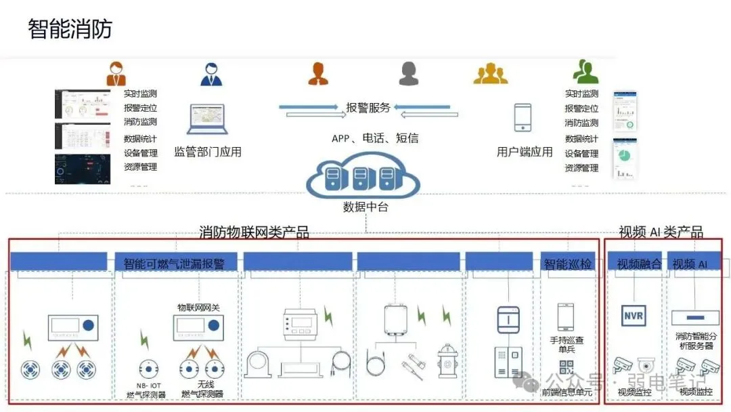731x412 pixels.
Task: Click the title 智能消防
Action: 70,29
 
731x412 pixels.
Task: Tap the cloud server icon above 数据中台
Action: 363,177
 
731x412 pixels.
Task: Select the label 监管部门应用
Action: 208,152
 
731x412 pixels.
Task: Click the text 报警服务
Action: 368,108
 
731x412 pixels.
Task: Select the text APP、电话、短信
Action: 374,138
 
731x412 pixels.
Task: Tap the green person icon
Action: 585,72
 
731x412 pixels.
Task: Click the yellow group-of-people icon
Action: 490,73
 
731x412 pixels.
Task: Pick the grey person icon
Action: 409,73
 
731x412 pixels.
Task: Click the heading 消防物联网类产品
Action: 254,232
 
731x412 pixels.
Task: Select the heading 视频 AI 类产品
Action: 661,232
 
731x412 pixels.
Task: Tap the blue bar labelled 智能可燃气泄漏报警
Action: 175,263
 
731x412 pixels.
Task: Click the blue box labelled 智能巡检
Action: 567,264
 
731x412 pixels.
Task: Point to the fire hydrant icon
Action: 447,360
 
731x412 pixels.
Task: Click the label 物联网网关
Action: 198,307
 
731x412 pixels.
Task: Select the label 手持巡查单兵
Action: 567,345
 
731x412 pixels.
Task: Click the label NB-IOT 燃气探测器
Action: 146,390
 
